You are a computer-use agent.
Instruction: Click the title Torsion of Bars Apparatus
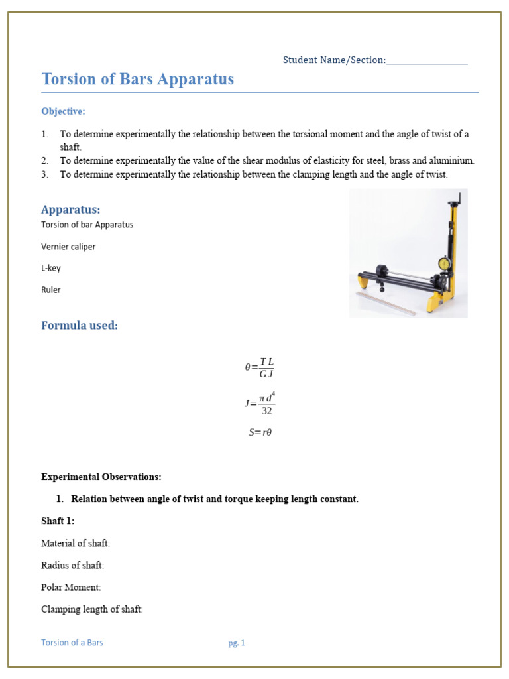click(137, 79)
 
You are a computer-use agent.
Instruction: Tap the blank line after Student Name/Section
click(427, 61)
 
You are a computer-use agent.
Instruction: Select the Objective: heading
click(63, 111)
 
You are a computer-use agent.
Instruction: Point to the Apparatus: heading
click(71, 210)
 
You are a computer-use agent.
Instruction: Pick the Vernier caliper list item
click(68, 247)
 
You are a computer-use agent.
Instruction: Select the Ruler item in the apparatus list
click(51, 290)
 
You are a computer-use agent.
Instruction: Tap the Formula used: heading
click(80, 326)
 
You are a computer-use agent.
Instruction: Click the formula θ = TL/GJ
click(259, 367)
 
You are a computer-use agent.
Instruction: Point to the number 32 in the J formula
click(266, 411)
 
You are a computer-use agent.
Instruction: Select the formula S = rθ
click(260, 432)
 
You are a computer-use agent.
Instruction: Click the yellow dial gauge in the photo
click(444, 264)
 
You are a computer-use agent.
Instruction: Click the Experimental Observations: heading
click(101, 477)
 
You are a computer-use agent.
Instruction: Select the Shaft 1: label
click(58, 521)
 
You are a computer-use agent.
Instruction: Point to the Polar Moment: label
click(71, 587)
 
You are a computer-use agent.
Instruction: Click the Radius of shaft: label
click(72, 566)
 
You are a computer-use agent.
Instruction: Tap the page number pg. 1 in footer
click(237, 643)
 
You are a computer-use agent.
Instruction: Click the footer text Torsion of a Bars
click(72, 643)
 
